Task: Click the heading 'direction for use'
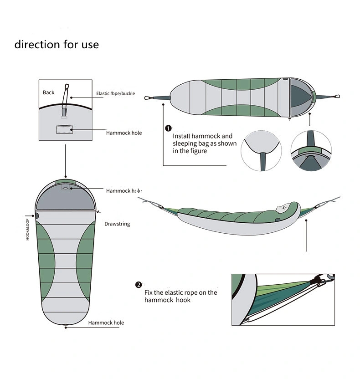57,45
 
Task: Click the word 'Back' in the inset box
49,92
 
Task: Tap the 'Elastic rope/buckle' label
116,93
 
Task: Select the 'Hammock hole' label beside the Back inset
124,133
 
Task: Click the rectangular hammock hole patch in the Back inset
64,130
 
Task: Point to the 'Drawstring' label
117,224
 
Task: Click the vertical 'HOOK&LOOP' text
27,230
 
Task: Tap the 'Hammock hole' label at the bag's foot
106,323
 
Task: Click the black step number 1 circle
168,128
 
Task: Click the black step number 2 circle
139,285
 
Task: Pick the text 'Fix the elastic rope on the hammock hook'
180,296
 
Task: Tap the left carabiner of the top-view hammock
148,97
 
